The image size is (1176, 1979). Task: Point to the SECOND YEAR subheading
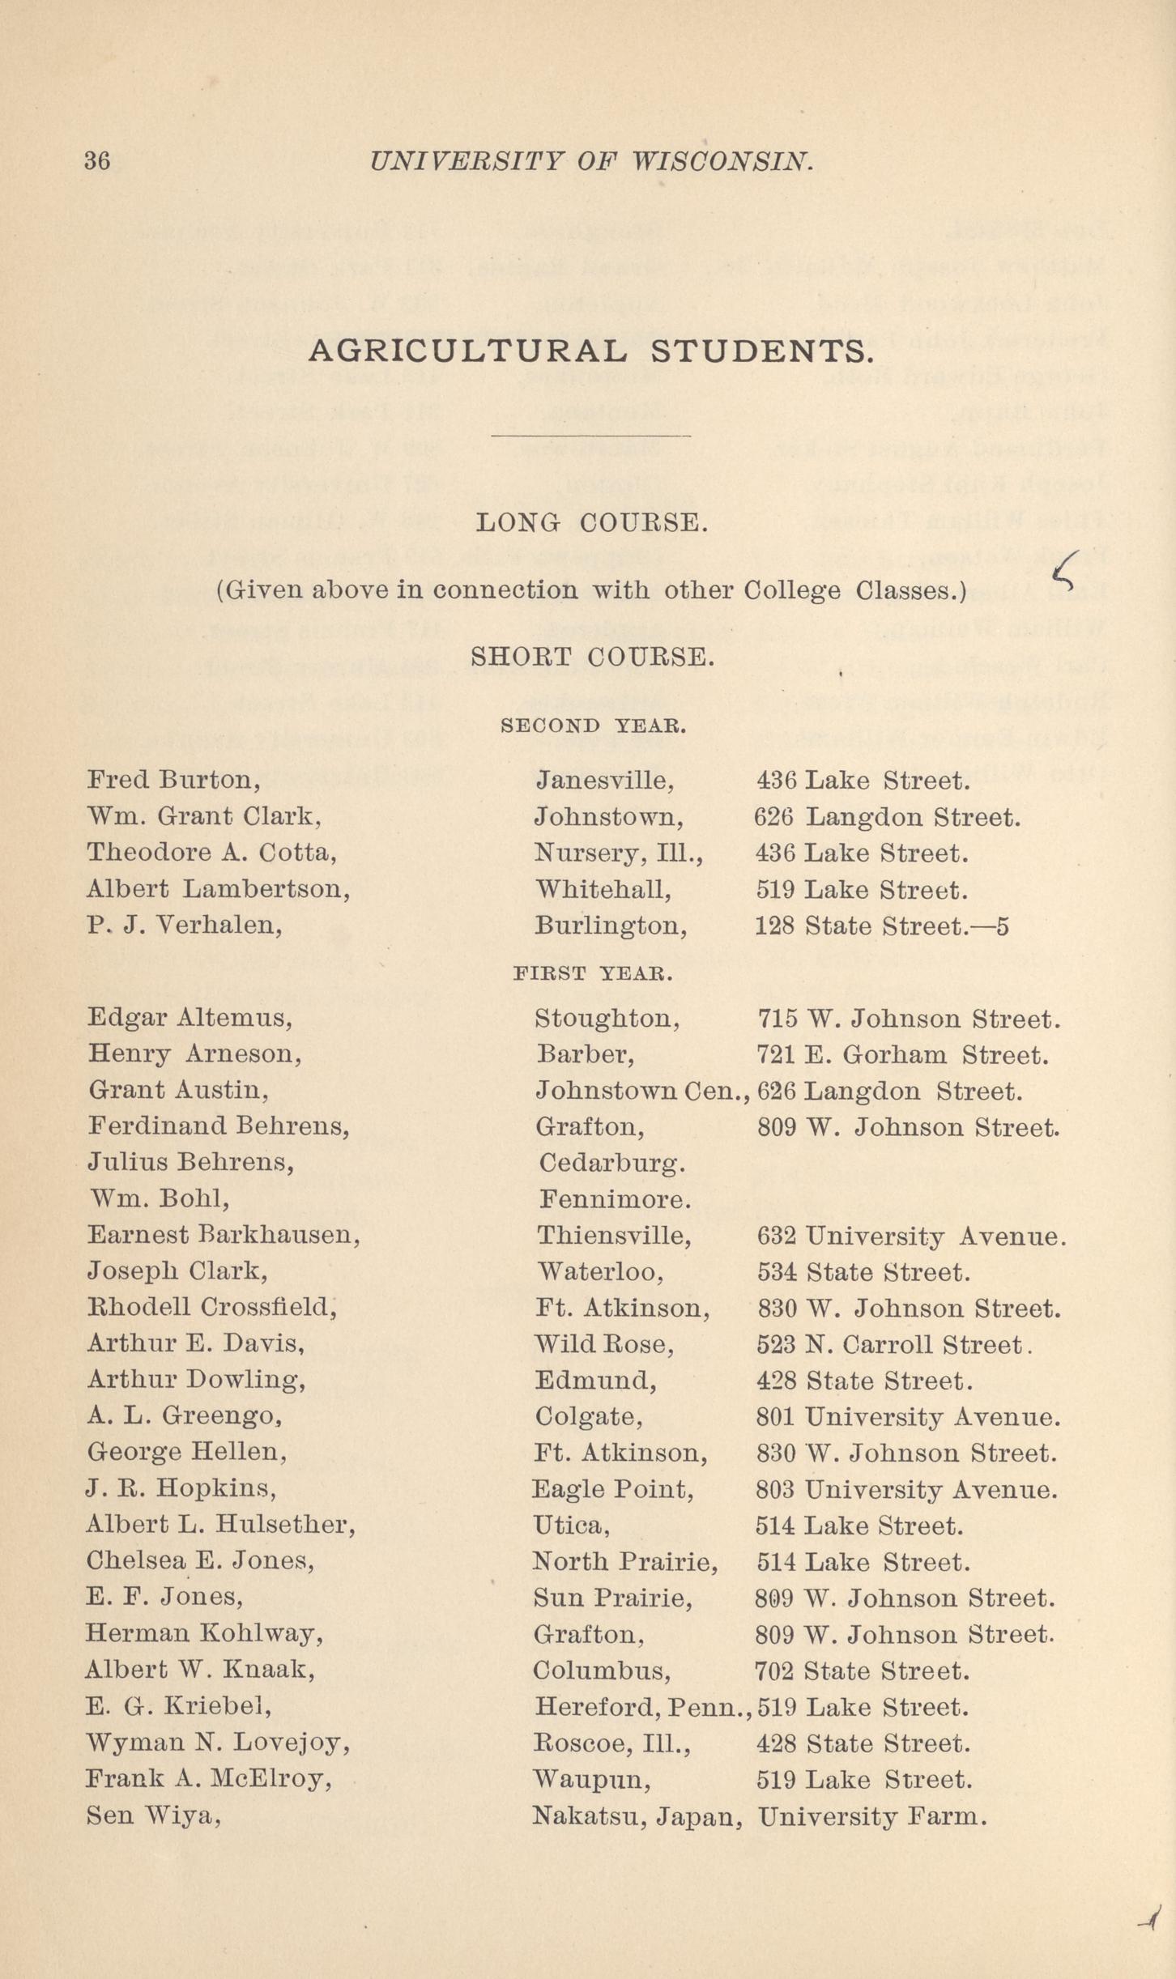(594, 726)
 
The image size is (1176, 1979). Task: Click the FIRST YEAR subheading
(593, 973)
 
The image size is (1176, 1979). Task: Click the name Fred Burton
(173, 780)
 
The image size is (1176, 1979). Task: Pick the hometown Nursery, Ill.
(619, 853)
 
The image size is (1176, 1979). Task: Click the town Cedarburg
(612, 1163)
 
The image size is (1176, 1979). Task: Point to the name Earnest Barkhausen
(224, 1235)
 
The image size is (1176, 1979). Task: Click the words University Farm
(872, 1816)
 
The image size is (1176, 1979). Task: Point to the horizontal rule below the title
(590, 436)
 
